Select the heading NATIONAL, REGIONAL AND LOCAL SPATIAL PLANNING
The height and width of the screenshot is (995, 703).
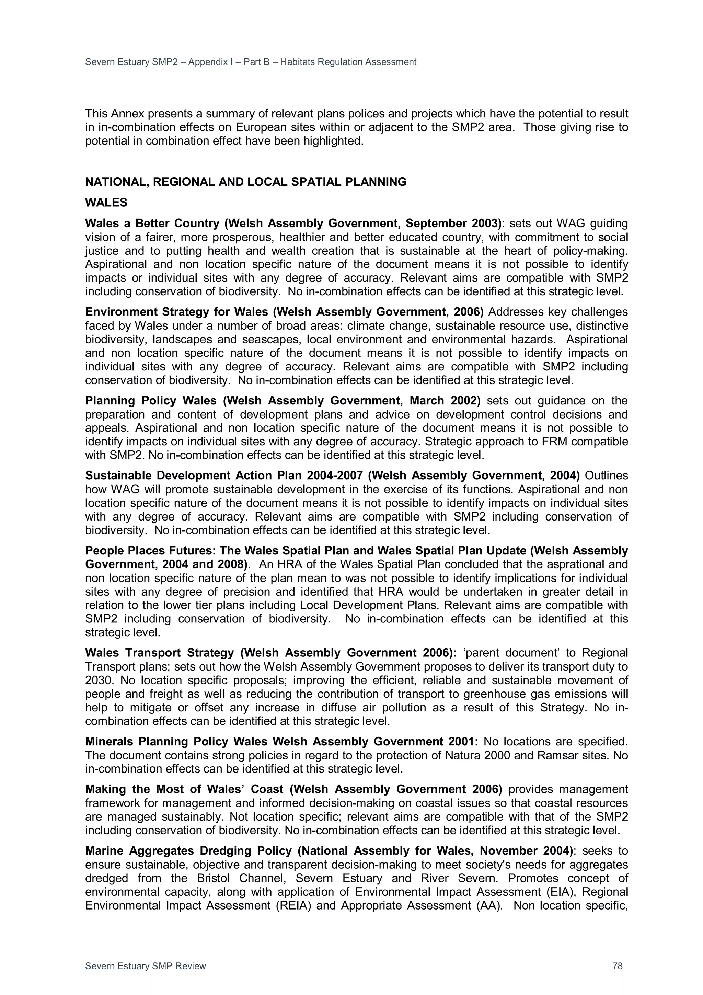245,182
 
